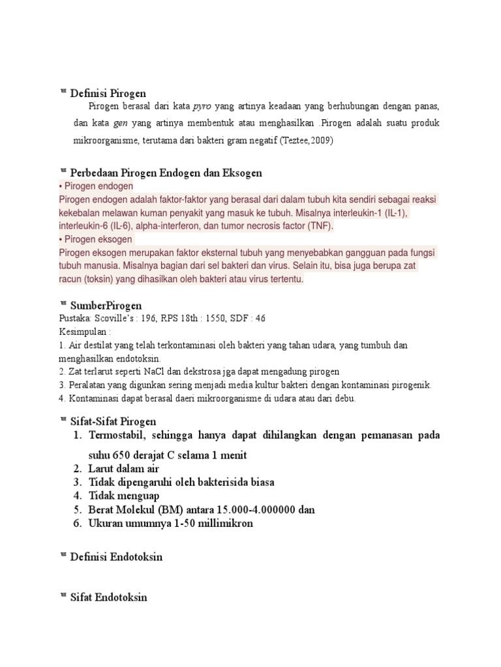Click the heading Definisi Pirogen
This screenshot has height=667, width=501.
pyautogui.click(x=108, y=92)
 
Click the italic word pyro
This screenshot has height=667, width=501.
pyautogui.click(x=203, y=106)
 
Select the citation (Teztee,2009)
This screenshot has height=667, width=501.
pyautogui.click(x=306, y=141)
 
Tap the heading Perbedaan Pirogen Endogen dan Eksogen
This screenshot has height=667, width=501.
pyautogui.click(x=166, y=173)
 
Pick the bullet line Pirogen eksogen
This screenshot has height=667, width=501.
pyautogui.click(x=98, y=240)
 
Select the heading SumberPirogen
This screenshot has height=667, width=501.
pyautogui.click(x=106, y=305)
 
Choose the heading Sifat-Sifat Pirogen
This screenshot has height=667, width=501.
pyautogui.click(x=113, y=421)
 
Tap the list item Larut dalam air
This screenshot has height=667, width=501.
pyautogui.click(x=124, y=468)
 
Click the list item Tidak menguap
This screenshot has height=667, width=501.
pyautogui.click(x=123, y=496)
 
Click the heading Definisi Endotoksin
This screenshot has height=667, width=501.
pyautogui.click(x=116, y=556)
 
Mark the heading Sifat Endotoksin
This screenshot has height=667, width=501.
pyautogui.click(x=108, y=597)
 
